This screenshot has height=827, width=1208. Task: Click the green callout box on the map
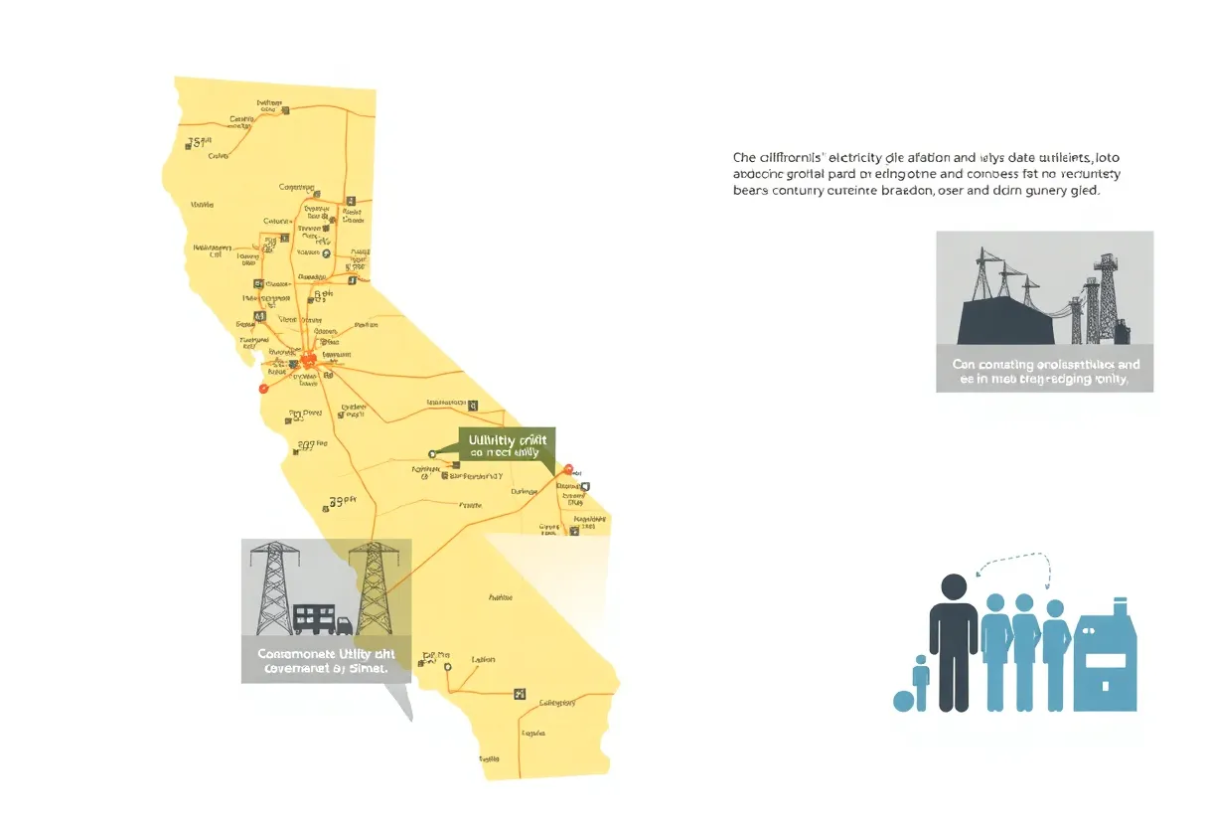tap(507, 444)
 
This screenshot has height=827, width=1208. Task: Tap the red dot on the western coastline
tap(263, 390)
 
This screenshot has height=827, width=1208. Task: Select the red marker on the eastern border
tap(568, 469)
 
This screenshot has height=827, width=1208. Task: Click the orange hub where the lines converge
tap(310, 360)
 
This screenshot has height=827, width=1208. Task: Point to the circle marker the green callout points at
tap(432, 454)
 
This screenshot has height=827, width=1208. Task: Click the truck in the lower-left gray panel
tap(344, 626)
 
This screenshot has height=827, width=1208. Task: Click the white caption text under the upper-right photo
tap(1044, 372)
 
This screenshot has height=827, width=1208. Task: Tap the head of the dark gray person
tap(954, 588)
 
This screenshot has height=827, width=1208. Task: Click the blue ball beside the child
tap(903, 701)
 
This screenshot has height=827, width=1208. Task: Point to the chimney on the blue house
tap(1120, 605)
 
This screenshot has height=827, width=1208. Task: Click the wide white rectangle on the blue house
tap(1105, 660)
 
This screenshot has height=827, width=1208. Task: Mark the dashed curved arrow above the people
tap(1014, 562)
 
